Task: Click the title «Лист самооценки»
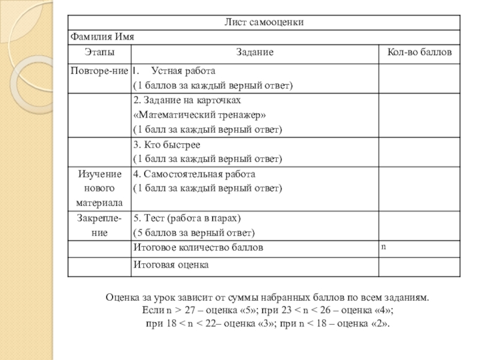pyautogui.click(x=264, y=22)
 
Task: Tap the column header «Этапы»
pyautogui.click(x=98, y=53)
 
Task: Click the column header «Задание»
pyautogui.click(x=254, y=53)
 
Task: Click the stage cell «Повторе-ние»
pyautogui.click(x=99, y=70)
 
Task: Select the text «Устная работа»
pyautogui.click(x=184, y=70)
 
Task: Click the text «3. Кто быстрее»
pyautogui.click(x=167, y=145)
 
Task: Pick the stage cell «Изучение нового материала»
pyautogui.click(x=98, y=188)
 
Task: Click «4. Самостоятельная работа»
pyautogui.click(x=194, y=174)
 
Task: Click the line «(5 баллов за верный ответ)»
pyautogui.click(x=194, y=233)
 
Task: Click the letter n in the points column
pyautogui.click(x=383, y=245)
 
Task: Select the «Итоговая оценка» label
pyautogui.click(x=171, y=264)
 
